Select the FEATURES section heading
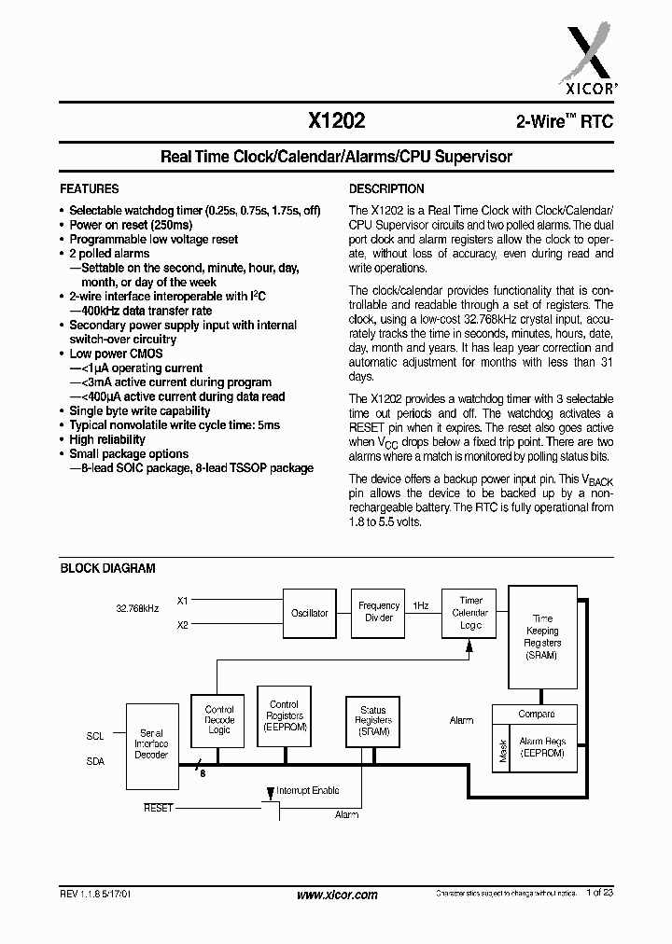click(x=90, y=188)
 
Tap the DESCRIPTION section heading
click(x=386, y=188)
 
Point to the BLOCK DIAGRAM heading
click(x=107, y=568)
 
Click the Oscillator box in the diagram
click(x=309, y=613)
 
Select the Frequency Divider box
click(x=379, y=612)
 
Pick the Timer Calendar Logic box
click(x=469, y=613)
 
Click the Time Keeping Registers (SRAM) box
click(x=542, y=638)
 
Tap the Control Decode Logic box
click(x=218, y=721)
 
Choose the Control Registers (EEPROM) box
click(x=284, y=716)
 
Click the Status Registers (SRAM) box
click(x=372, y=721)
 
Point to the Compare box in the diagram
click(x=536, y=714)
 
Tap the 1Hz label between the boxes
click(x=421, y=605)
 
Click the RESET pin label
click(x=158, y=808)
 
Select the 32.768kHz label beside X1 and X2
click(x=137, y=607)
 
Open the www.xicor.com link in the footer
click(x=336, y=895)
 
